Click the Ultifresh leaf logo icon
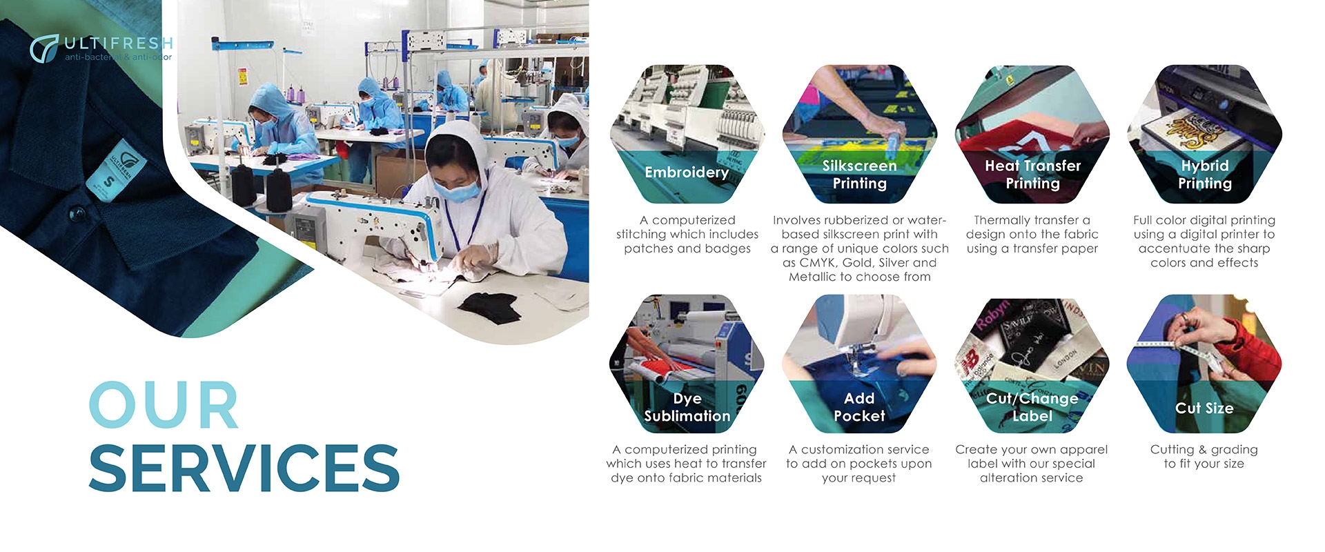click(x=44, y=48)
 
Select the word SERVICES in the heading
click(x=244, y=467)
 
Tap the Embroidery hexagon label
click(x=687, y=172)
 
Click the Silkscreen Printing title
click(x=859, y=175)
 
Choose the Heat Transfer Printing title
click(x=1032, y=175)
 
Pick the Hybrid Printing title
click(x=1205, y=175)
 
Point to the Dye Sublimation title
click(x=687, y=407)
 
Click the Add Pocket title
click(x=859, y=407)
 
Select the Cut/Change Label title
click(x=1032, y=407)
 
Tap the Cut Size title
click(x=1204, y=408)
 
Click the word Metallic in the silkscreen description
click(x=812, y=277)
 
